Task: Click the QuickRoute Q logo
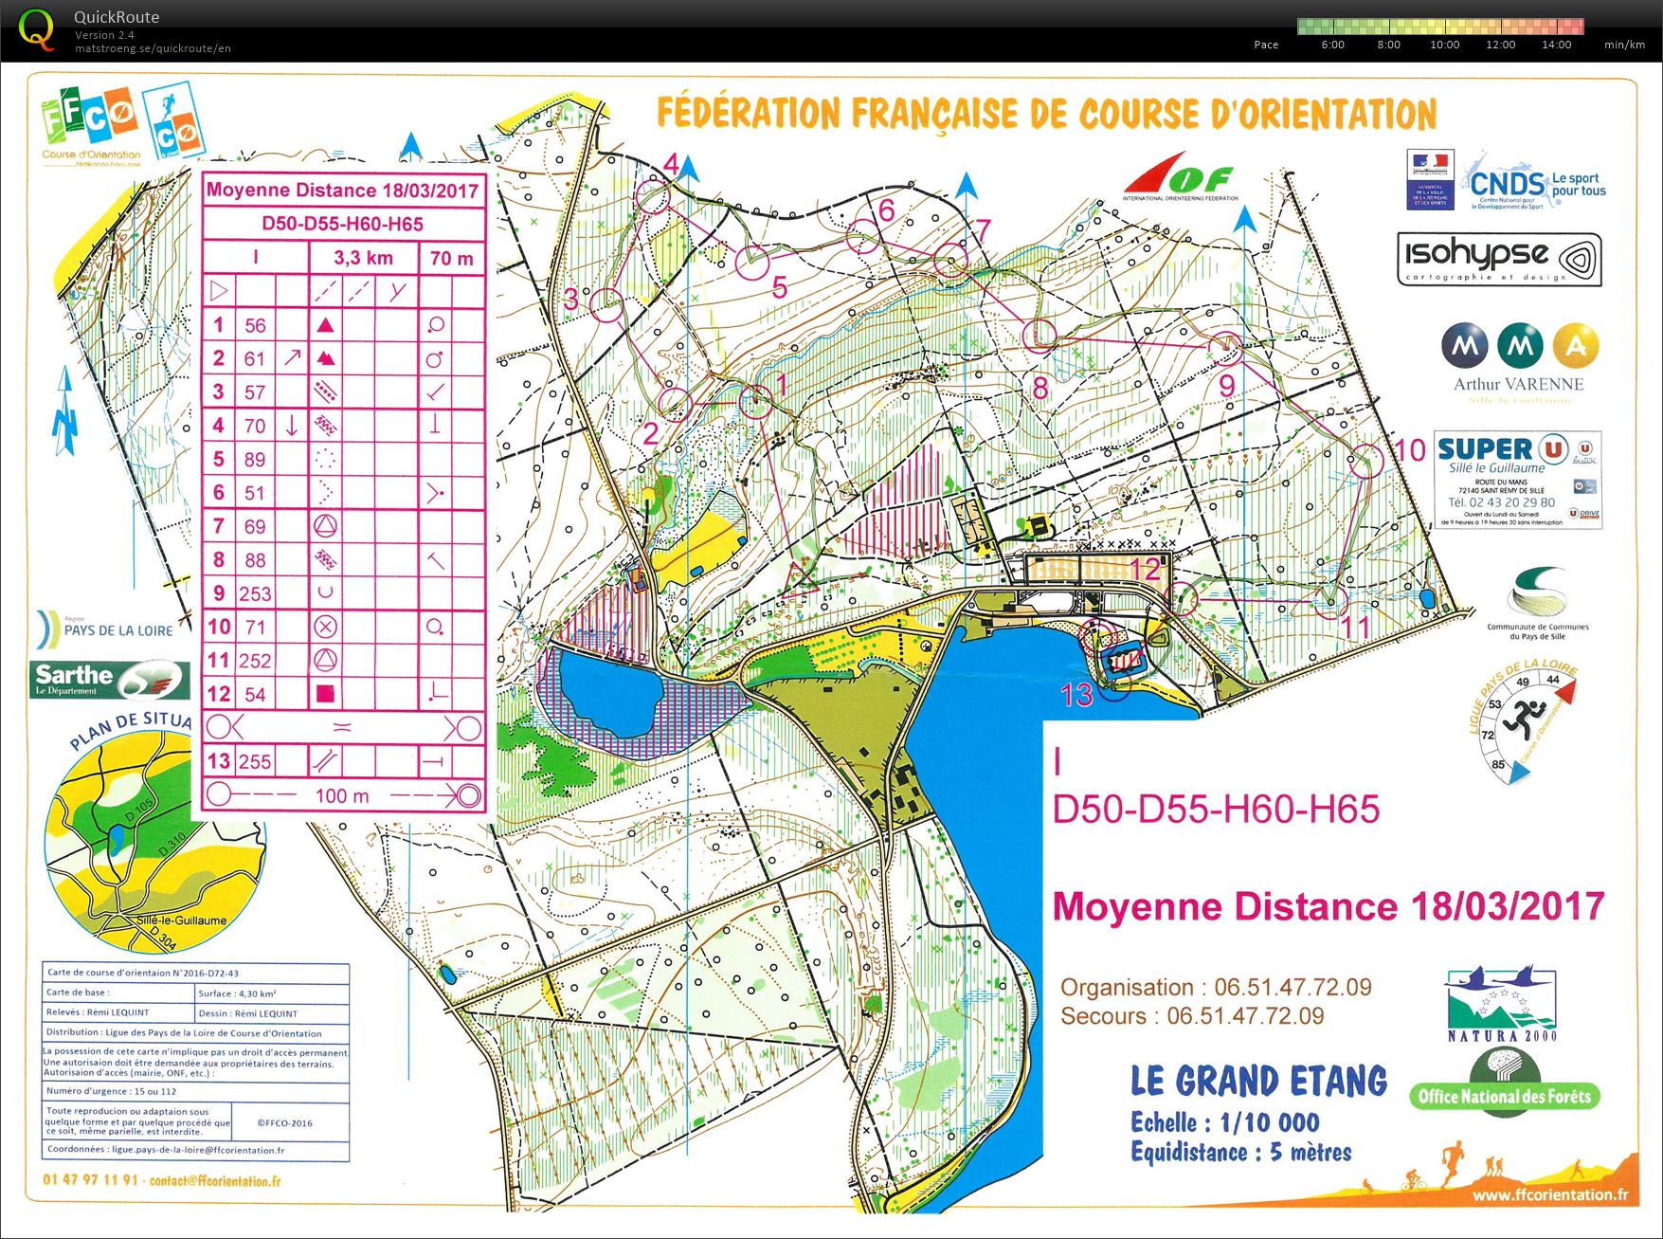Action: point(36,29)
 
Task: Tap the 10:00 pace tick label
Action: point(1444,45)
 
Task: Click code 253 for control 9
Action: point(255,593)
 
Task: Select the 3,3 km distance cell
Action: point(363,258)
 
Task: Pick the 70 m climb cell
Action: point(451,258)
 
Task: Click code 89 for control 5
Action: point(255,459)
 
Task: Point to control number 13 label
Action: point(1076,695)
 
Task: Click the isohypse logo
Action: point(1499,259)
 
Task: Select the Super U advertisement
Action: point(1517,478)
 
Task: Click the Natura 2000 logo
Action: point(1501,1004)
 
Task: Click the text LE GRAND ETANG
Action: point(1258,1081)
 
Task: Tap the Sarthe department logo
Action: point(109,679)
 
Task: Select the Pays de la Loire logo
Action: point(106,629)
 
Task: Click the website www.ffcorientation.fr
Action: point(1549,1195)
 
